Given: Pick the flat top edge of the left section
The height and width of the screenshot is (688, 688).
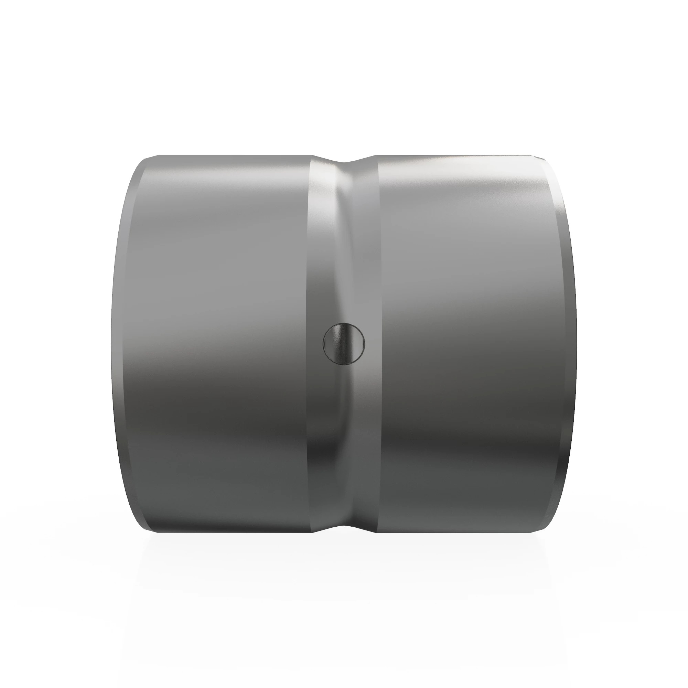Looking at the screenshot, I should (x=235, y=156).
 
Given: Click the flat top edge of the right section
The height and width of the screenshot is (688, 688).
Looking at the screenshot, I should (x=459, y=156).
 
